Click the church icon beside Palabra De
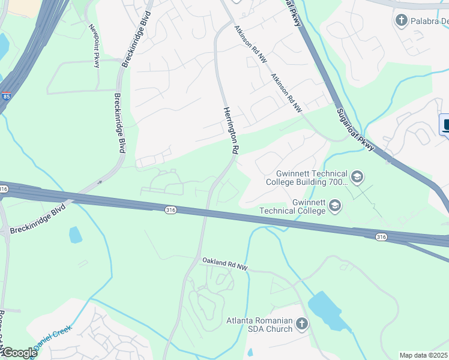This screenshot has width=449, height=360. click(x=401, y=22)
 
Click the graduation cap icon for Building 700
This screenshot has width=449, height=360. click(x=357, y=176)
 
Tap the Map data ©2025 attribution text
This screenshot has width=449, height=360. click(x=424, y=355)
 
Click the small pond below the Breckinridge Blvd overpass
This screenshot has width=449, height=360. click(x=75, y=235)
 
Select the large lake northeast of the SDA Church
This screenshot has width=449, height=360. click(x=329, y=311)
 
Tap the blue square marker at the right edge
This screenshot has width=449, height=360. click(x=445, y=125)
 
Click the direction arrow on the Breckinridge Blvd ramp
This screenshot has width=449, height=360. click(x=100, y=182)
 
